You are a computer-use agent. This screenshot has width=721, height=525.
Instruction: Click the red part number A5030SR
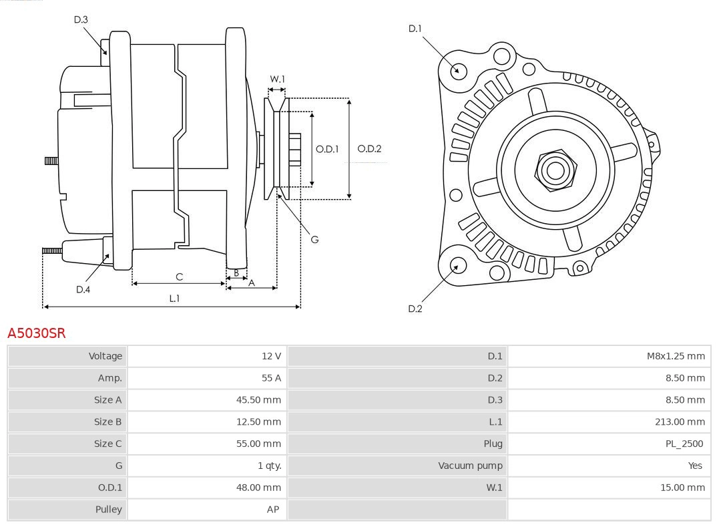(x=37, y=333)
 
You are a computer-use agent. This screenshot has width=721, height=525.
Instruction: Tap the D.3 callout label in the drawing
(x=81, y=20)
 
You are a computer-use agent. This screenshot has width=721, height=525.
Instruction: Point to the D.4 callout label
(x=83, y=289)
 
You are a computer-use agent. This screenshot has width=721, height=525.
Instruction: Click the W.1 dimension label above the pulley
(x=277, y=79)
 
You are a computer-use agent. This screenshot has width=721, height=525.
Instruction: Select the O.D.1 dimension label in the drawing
(x=327, y=149)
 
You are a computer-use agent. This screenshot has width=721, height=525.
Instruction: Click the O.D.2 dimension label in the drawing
(x=369, y=149)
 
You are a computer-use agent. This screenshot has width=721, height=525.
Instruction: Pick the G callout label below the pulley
(x=315, y=239)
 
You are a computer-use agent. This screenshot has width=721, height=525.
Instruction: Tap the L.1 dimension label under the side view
(x=174, y=299)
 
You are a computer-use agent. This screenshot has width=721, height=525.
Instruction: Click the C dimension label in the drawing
(x=179, y=277)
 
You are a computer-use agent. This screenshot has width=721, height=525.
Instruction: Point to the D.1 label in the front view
(x=415, y=29)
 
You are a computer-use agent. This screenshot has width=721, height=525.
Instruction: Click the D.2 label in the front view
(x=415, y=309)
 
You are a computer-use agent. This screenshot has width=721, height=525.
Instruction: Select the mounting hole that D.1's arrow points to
(x=459, y=70)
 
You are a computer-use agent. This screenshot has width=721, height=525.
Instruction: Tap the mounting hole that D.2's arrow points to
(x=457, y=266)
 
